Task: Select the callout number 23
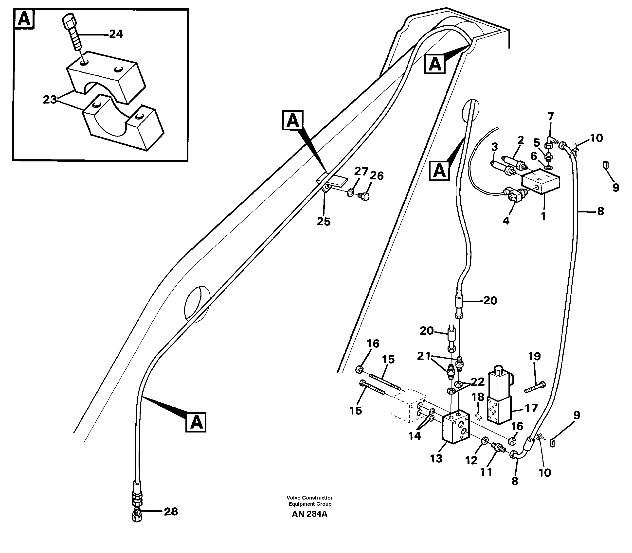(x=50, y=100)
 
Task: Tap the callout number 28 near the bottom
(x=171, y=511)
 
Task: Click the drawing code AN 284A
(x=309, y=514)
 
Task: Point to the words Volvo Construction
(x=310, y=498)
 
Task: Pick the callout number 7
(x=550, y=117)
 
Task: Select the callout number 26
(x=376, y=176)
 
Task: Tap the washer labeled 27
(x=350, y=193)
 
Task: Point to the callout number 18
(x=478, y=397)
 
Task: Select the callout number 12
(x=471, y=460)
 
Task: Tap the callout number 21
(x=424, y=356)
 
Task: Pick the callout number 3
(x=495, y=147)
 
